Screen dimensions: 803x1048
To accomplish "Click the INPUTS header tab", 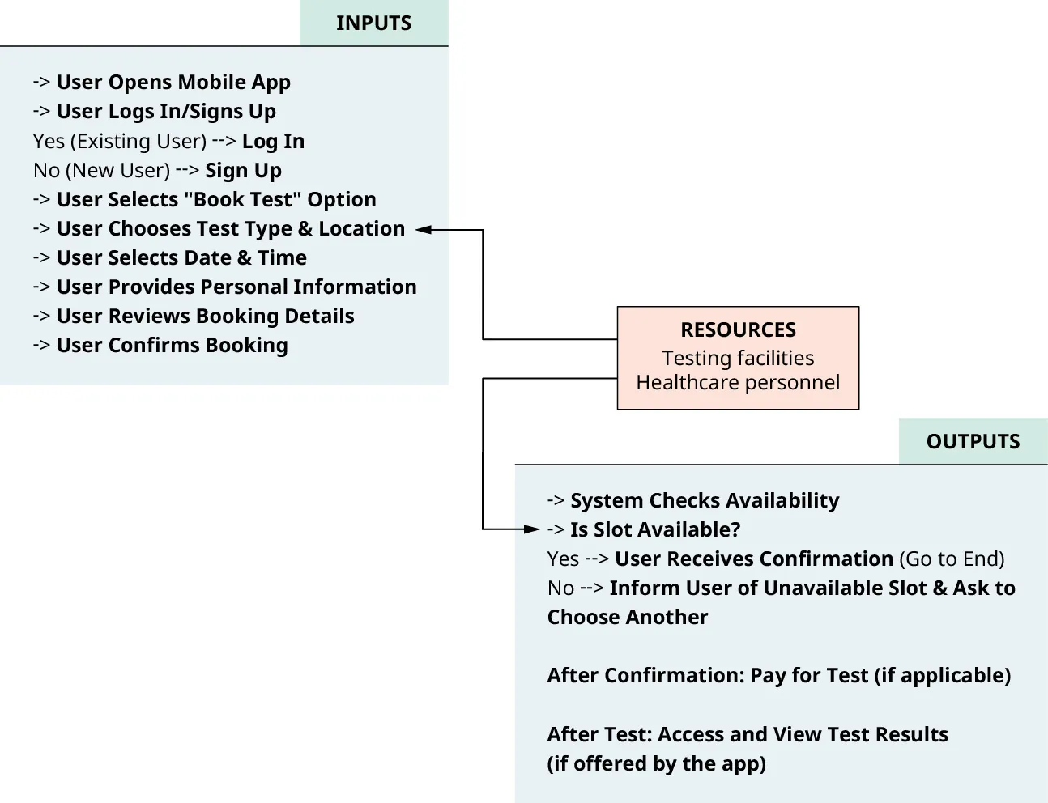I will tap(373, 23).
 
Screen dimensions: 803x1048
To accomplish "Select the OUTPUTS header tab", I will tap(973, 442).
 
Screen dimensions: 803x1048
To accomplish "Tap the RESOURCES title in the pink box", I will tap(738, 330).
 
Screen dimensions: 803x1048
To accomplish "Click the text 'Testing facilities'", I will tap(738, 358).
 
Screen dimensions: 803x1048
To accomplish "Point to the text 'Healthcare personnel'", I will tap(738, 382).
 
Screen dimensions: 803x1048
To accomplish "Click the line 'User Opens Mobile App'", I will tap(173, 83).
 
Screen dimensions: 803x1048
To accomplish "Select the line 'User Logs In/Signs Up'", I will tap(166, 112).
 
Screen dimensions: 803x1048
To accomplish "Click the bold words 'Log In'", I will tap(273, 142).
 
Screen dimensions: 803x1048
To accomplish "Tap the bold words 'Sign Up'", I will tap(243, 171).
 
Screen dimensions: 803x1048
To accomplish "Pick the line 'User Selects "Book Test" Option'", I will tap(215, 200).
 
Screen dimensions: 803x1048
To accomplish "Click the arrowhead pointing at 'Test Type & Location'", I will tap(423, 230).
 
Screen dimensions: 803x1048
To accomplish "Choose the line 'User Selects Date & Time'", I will tap(181, 258).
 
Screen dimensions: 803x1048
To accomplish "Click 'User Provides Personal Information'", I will tap(236, 287).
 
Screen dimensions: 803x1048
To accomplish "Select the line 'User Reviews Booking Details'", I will tap(205, 317).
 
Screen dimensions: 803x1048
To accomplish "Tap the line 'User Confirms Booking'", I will tap(172, 346).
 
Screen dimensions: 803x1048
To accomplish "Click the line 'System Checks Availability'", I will tap(704, 501).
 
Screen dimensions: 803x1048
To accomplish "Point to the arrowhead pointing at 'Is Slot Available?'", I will tap(532, 529).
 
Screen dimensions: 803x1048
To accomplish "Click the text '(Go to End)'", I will tap(952, 559).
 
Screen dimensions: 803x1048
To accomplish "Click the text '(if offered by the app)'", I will tap(656, 764).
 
